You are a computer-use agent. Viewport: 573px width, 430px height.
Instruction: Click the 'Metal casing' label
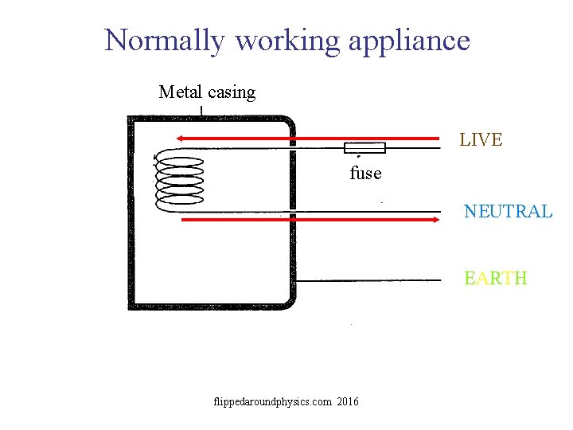tap(207, 92)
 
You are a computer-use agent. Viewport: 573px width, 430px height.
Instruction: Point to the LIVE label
tap(481, 140)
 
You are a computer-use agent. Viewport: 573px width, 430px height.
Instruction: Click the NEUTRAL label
tap(508, 212)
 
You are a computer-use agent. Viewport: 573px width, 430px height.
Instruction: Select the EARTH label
tap(496, 278)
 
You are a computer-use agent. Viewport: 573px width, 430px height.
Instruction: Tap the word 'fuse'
tap(365, 173)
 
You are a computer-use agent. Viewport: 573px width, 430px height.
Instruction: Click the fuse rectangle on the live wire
tap(364, 147)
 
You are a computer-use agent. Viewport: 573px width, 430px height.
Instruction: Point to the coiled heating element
tap(179, 181)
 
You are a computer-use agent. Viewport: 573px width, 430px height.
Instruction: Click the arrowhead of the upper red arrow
tap(181, 138)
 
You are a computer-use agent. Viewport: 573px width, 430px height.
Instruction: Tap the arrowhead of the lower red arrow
tap(436, 221)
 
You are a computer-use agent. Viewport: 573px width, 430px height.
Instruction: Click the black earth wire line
tap(374, 280)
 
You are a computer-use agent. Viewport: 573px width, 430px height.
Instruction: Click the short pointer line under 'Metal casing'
tap(202, 111)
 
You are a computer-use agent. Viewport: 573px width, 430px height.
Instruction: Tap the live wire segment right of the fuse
tap(414, 148)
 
